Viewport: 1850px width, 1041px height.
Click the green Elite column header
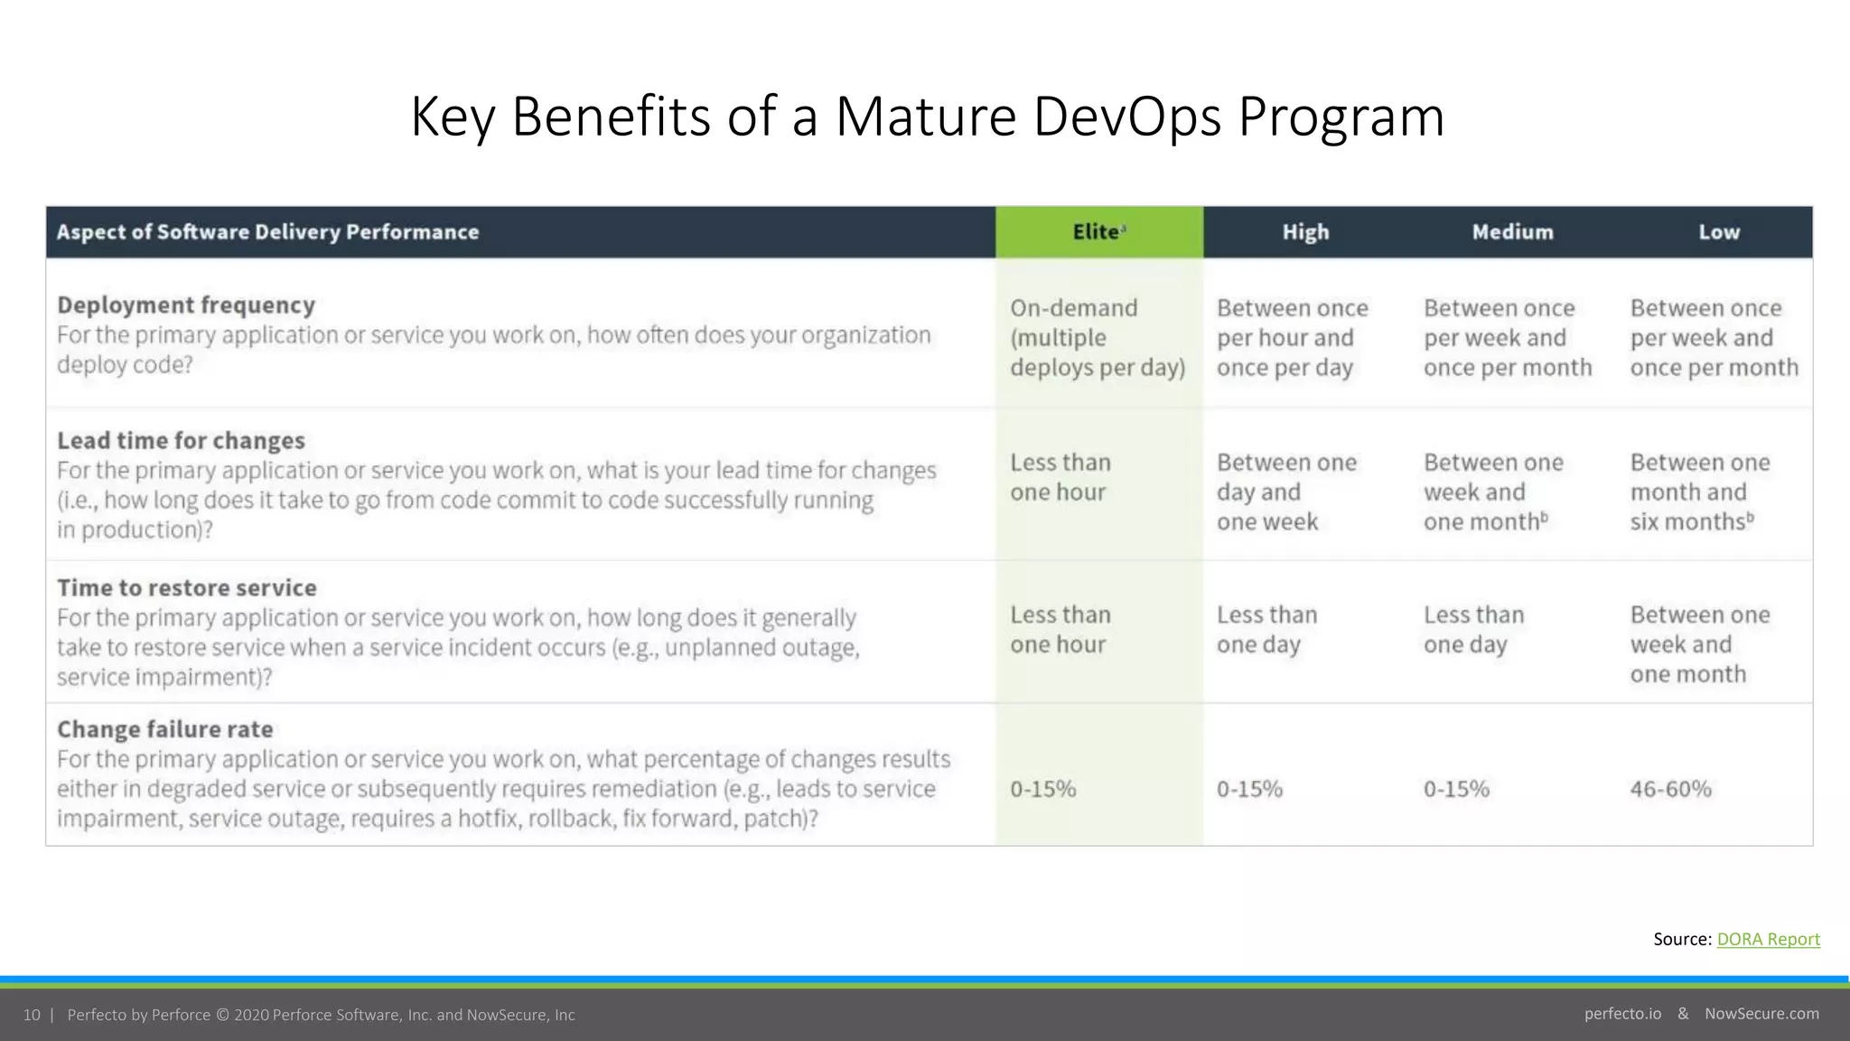click(1098, 232)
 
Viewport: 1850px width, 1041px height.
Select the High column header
click(1305, 232)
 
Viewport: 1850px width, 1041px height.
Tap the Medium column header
click(1512, 232)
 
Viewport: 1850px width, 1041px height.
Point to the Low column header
click(1718, 232)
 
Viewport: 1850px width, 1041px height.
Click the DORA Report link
click(1768, 939)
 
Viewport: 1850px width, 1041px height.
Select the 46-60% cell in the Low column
click(1670, 789)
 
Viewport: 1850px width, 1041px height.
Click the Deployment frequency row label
click(186, 305)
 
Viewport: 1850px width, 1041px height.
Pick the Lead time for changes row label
click(181, 441)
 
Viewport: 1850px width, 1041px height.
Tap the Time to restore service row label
click(186, 588)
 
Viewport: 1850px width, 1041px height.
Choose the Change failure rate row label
click(164, 729)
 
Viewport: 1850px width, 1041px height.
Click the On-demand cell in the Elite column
click(1097, 338)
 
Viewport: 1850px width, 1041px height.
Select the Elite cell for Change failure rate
click(1042, 789)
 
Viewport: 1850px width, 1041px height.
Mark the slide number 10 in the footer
click(32, 1015)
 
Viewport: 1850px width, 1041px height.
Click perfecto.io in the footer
click(1622, 1014)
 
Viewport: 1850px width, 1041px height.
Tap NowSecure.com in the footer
click(1761, 1014)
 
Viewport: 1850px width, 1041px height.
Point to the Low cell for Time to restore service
click(1699, 644)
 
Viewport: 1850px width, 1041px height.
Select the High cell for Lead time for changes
click(1285, 492)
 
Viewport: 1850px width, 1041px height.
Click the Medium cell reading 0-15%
click(1455, 789)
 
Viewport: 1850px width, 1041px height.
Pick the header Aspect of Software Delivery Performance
click(267, 232)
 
